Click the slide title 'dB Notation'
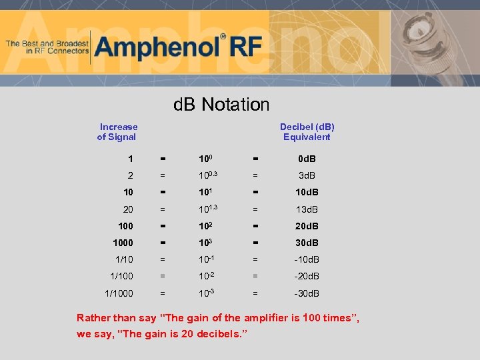point(221,105)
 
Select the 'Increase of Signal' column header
point(117,132)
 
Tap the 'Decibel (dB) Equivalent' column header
point(307,132)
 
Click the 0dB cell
point(307,159)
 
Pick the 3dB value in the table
point(307,175)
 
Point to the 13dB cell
point(307,209)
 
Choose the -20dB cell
point(307,277)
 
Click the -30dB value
point(307,293)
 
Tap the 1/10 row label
point(123,260)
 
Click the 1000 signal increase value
point(123,243)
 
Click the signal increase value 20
point(128,209)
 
